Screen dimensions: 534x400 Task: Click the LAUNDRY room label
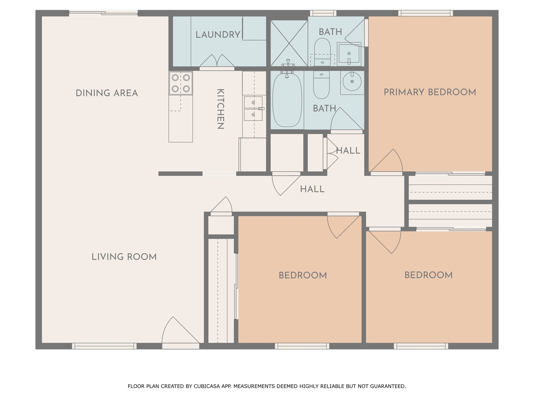218,35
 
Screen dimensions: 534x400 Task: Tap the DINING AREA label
107,93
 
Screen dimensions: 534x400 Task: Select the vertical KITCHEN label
221,109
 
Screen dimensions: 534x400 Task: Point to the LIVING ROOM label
124,257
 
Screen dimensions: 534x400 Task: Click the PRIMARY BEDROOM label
430,92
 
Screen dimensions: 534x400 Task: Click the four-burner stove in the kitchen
181,83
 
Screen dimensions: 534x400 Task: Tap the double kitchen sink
253,109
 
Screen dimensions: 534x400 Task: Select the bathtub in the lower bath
287,100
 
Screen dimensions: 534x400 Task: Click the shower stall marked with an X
289,43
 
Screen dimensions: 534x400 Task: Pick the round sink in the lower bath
352,82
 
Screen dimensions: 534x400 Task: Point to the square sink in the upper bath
349,54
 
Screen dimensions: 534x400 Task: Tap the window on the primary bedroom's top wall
426,13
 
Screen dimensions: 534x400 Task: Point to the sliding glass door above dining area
103,13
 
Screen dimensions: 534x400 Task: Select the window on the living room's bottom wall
104,346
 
